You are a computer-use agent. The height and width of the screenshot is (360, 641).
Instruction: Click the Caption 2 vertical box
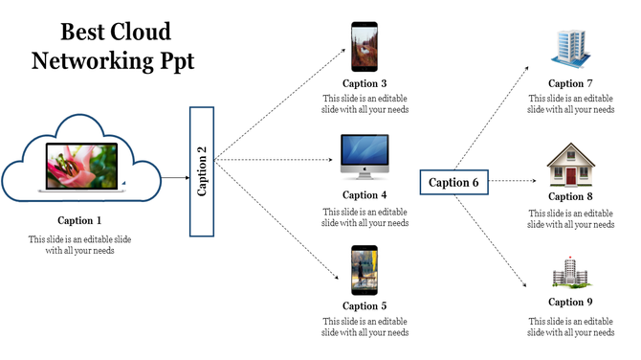pos(201,171)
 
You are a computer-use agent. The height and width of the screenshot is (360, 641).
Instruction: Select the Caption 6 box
pos(453,182)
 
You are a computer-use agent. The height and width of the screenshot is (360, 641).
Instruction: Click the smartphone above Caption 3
pos(364,47)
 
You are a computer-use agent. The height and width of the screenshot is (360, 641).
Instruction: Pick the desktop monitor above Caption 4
pos(365,156)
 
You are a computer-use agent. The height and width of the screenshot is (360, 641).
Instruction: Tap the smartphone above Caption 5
pos(364,270)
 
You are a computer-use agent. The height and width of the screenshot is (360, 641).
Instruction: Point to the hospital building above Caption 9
pos(570,275)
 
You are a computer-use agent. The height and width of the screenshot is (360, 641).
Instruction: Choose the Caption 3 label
pos(365,83)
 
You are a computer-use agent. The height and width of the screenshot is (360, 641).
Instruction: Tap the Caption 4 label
pos(365,195)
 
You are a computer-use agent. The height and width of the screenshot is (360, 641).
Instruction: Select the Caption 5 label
pos(365,306)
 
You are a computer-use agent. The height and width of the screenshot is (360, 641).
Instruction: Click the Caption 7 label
pos(571,83)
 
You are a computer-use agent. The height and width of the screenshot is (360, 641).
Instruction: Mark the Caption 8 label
pos(571,196)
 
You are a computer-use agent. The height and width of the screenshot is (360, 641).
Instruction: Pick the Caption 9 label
pos(571,303)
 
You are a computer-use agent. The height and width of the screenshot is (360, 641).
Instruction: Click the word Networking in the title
pos(88,62)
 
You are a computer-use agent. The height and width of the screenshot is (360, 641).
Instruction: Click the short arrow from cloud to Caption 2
pos(174,178)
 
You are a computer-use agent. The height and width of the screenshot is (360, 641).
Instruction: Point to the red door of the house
pos(571,175)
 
